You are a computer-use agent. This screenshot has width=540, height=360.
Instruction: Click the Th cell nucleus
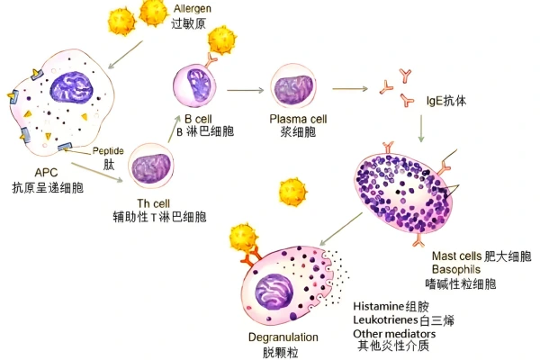148,167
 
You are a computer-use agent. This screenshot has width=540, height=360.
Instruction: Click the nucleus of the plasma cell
298,88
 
